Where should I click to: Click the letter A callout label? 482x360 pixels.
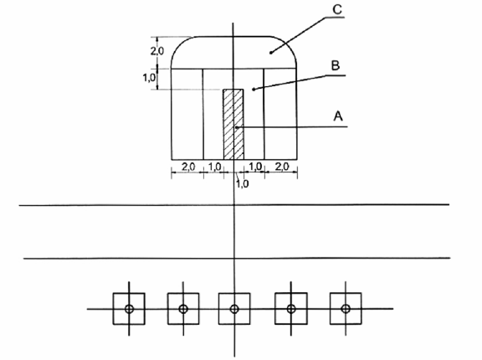click(338, 116)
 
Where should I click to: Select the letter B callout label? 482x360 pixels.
click(335, 65)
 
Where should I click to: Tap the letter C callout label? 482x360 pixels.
click(337, 9)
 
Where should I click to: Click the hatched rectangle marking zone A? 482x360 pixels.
click(233, 125)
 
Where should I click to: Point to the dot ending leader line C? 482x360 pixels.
click(271, 53)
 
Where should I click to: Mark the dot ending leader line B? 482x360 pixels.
click(254, 90)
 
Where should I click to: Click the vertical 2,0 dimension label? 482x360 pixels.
click(157, 51)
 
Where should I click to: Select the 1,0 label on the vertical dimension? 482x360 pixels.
click(149, 78)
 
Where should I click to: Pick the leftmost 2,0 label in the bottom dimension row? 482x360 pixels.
click(188, 167)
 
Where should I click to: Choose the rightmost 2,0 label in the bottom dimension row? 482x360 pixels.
click(282, 167)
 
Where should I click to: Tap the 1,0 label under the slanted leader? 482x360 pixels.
click(242, 184)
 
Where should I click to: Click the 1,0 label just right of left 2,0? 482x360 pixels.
click(215, 167)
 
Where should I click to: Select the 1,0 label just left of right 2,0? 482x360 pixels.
click(255, 167)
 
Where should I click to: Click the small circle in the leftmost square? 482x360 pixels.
click(129, 309)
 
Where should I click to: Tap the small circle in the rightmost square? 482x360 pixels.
click(346, 308)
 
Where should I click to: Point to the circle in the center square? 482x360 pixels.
click(234, 309)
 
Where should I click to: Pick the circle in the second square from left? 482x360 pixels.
click(183, 309)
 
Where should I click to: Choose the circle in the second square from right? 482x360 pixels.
click(291, 308)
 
